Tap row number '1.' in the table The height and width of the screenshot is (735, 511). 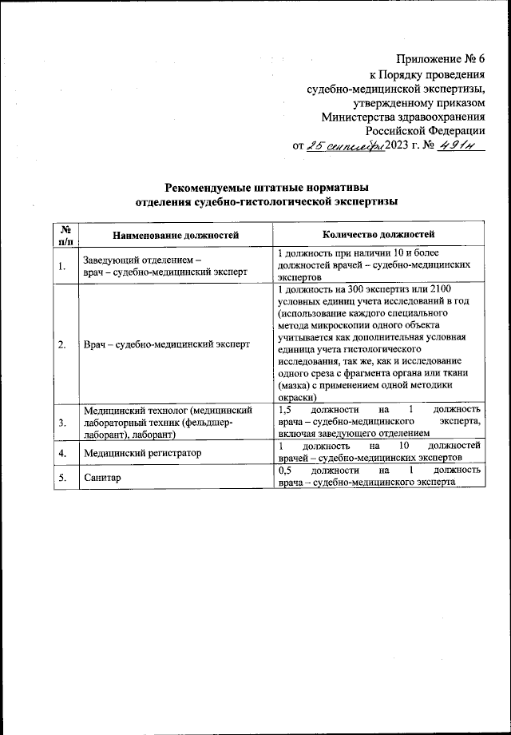(x=61, y=266)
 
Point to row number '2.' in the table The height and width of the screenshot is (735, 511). (x=61, y=344)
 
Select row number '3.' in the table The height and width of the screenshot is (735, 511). (x=61, y=423)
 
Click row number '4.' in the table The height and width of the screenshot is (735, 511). (x=61, y=452)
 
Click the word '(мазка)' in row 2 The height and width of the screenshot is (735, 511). (x=295, y=386)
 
